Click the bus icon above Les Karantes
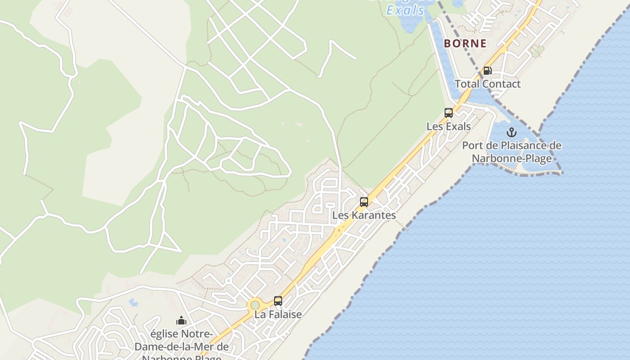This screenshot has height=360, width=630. coord(364,202)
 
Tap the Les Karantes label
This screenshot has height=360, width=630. coord(364,216)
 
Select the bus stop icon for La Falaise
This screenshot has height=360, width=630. coord(278,301)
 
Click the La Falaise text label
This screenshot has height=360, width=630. coord(278,315)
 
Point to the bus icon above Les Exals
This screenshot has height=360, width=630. coord(449,113)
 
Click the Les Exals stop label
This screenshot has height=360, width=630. coord(449,126)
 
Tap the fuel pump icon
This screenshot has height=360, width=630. coord(487,71)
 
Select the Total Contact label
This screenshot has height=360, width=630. coord(487,84)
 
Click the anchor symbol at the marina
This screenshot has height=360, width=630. coord(512,132)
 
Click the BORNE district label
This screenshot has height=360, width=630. coord(465,44)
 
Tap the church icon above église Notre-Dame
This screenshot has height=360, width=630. coord(181,320)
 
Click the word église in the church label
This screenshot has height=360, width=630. coord(165,334)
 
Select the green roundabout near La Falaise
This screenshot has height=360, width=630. coord(255,305)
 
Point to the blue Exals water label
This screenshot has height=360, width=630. coord(405,10)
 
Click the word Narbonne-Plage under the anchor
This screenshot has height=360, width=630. coord(512,158)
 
